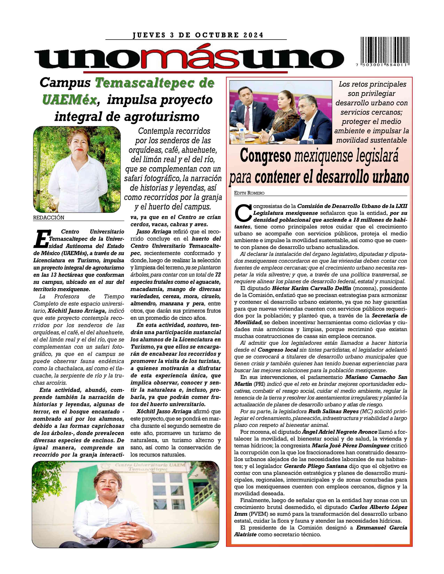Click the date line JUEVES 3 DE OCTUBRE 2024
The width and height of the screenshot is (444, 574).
[x=198, y=35]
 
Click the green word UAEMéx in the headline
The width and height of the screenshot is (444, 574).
[x=69, y=100]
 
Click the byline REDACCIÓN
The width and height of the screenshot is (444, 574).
[x=49, y=218]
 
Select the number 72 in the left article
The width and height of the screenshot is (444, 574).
[x=218, y=275]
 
